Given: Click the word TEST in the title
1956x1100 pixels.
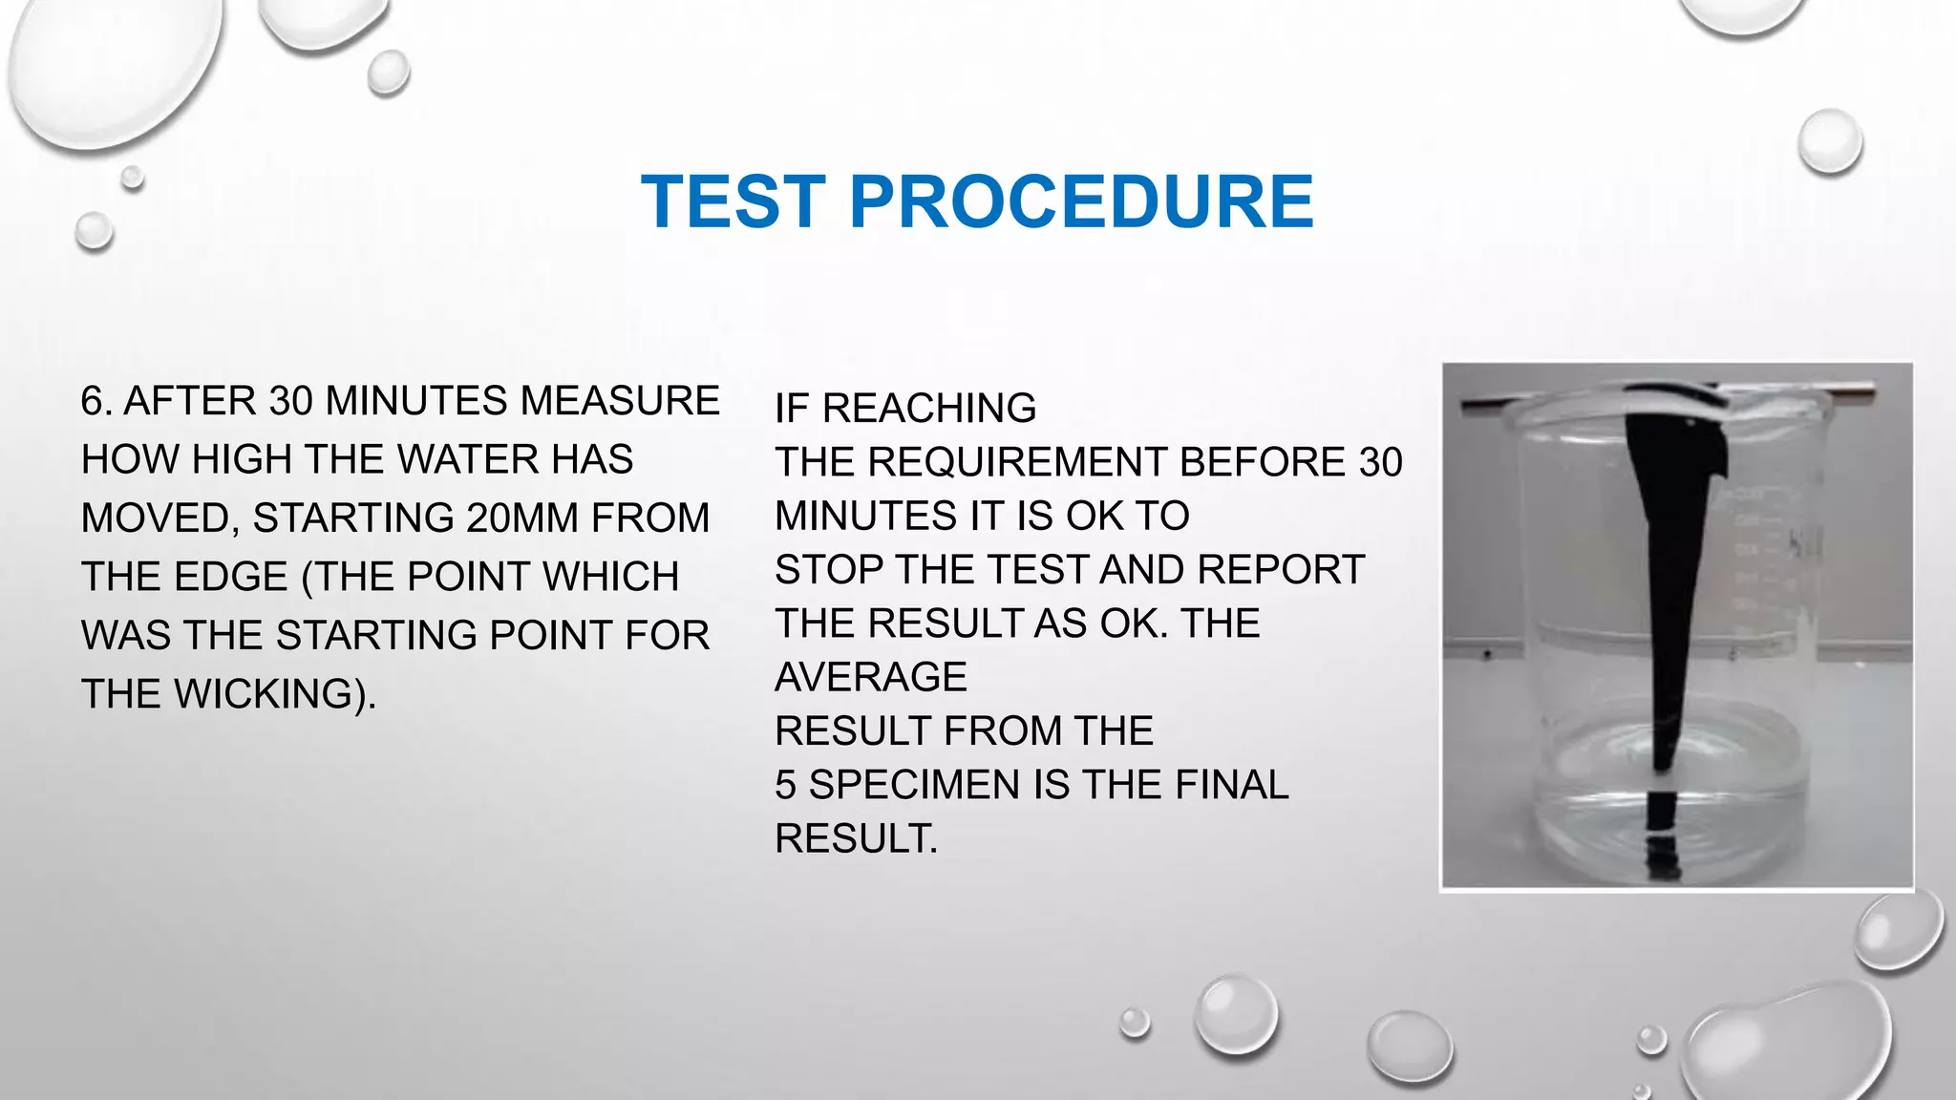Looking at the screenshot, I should [x=733, y=201].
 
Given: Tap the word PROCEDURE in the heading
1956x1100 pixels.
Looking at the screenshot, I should [x=1081, y=201].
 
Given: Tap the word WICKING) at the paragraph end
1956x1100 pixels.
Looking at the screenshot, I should [x=275, y=694].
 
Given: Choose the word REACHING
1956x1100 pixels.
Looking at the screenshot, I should [x=929, y=409].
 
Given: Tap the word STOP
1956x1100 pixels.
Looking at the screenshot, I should [x=829, y=570].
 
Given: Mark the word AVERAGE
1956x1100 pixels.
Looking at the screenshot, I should [x=871, y=678].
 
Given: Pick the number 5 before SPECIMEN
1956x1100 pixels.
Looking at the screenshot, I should [x=785, y=785].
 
